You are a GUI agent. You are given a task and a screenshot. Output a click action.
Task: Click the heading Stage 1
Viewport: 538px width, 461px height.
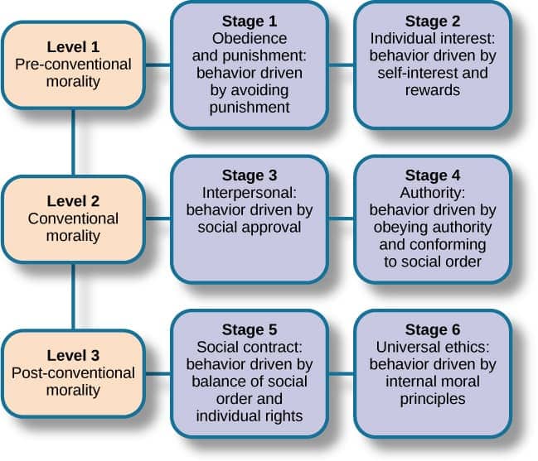tap(250, 21)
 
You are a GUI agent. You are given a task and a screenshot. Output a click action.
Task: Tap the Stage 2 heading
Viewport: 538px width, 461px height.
tap(432, 21)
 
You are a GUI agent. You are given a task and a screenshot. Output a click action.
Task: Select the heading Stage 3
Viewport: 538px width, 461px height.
tap(250, 175)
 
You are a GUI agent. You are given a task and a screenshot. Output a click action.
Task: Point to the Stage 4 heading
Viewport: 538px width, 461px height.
tap(432, 175)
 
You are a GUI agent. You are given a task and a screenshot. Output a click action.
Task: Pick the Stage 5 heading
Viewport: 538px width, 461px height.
tap(250, 330)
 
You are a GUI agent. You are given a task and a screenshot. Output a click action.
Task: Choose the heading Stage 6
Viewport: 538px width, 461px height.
tap(432, 330)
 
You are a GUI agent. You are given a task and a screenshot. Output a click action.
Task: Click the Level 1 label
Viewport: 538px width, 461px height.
tap(73, 46)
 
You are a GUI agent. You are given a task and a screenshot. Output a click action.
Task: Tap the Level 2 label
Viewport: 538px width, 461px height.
tap(73, 201)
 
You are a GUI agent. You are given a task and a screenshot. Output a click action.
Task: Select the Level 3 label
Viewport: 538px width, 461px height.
tap(73, 355)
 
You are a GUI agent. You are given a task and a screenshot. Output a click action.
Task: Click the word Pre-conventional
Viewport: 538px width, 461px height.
tap(73, 63)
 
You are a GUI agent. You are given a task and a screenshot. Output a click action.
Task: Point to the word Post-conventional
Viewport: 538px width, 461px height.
tap(73, 373)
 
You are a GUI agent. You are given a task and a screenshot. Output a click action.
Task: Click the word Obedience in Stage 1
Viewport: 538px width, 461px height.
tap(250, 39)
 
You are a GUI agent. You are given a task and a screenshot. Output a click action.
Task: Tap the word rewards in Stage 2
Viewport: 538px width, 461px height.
tap(432, 90)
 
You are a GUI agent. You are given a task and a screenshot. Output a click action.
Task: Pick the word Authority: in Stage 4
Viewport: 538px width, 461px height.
tap(432, 192)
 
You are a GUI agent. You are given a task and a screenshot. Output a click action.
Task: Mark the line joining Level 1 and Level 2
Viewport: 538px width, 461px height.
tap(73, 142)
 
